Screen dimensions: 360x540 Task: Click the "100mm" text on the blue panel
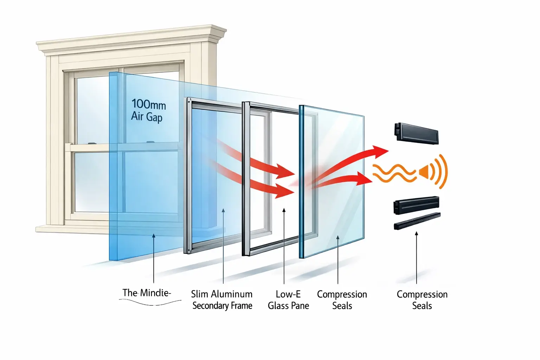[148, 104]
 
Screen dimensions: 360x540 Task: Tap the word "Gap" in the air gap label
[154, 117]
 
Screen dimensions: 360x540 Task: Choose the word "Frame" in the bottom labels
[241, 306]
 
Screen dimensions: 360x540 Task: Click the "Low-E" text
[288, 294]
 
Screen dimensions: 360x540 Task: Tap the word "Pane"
[300, 306]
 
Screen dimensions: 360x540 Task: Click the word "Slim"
[199, 294]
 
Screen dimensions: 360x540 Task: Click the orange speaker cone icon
[424, 172]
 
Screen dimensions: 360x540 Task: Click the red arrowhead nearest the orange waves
[364, 179]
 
